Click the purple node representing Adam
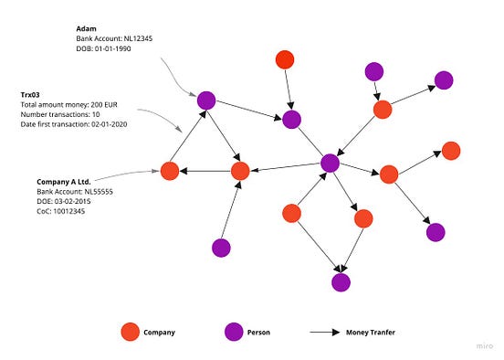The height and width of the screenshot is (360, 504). [206, 101]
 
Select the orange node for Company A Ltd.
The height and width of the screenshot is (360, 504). [169, 171]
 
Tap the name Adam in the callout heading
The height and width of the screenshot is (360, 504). [86, 30]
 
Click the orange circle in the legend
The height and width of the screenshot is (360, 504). [130, 332]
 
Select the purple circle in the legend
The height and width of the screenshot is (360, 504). [232, 332]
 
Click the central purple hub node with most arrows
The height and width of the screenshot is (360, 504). [331, 163]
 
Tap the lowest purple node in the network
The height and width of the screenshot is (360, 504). [341, 281]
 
